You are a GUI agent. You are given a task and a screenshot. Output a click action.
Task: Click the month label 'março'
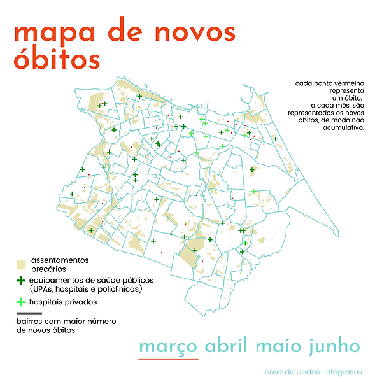click(169, 346)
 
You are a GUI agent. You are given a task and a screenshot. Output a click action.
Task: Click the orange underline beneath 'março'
click(169, 359)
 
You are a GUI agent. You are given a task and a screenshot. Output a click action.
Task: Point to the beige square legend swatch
click(21, 264)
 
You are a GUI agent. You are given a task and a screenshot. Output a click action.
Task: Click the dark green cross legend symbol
click(21, 281)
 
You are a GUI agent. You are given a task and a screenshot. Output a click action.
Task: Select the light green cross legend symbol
click(21, 302)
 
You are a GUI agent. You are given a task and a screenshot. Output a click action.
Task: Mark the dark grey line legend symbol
click(29, 314)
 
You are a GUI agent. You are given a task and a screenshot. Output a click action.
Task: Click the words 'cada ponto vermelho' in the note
click(330, 83)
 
